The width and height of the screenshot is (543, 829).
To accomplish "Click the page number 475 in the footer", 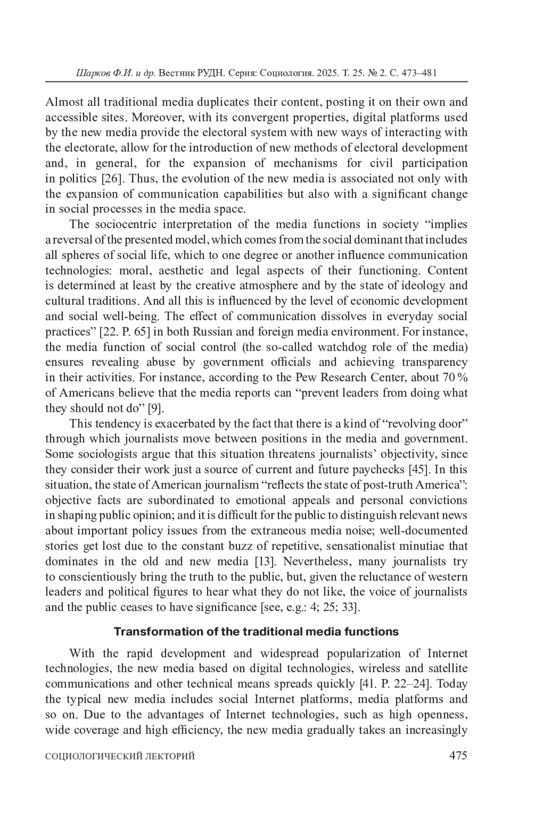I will [457, 755].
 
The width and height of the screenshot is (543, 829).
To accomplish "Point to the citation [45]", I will [419, 469].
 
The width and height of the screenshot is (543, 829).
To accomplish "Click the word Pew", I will [306, 377].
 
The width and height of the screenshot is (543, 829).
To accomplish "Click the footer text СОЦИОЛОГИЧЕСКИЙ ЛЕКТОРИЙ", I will [120, 756].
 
